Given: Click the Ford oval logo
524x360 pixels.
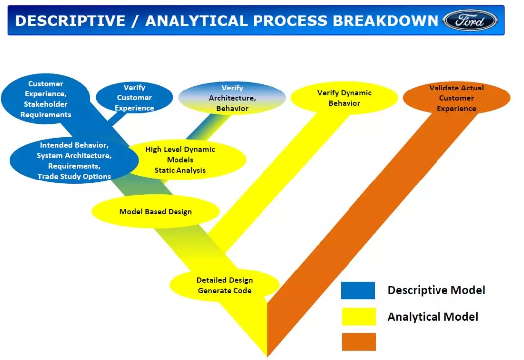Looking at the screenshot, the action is pos(470,21).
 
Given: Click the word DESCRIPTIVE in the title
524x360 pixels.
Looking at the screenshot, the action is pos(70,21).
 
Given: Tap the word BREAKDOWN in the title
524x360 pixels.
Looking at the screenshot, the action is pos(385,21).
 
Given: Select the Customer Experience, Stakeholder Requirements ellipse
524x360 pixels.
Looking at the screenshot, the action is pos(46,99).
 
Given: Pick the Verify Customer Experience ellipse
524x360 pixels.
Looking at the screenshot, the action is pos(134,97).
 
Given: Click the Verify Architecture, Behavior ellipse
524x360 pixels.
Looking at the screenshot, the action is pos(232,98).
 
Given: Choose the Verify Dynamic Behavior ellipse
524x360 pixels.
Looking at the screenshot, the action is pos(344,98).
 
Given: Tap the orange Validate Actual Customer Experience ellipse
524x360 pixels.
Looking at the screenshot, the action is pos(456,98).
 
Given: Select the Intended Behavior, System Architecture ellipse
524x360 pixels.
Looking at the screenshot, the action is pos(74,161).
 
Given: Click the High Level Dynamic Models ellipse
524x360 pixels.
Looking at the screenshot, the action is pos(186,160).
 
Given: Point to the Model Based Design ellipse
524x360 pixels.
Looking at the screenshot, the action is pos(156,212).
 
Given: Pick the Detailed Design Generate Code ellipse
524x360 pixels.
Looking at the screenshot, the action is pos(225,285).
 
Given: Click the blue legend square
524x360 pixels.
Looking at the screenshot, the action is pos(358,290).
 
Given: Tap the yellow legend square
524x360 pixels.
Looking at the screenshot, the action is pos(358,317).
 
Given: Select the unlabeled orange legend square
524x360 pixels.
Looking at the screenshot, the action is pos(358,342).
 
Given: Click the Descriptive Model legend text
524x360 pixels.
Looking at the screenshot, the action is pos(437,290).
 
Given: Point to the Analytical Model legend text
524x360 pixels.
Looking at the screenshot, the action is pos(433,317).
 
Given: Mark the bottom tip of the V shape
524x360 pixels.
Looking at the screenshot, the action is pos(267,357).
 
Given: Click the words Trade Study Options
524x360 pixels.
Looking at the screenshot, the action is pos(74,176).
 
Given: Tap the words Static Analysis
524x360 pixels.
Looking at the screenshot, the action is pos(180,170).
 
